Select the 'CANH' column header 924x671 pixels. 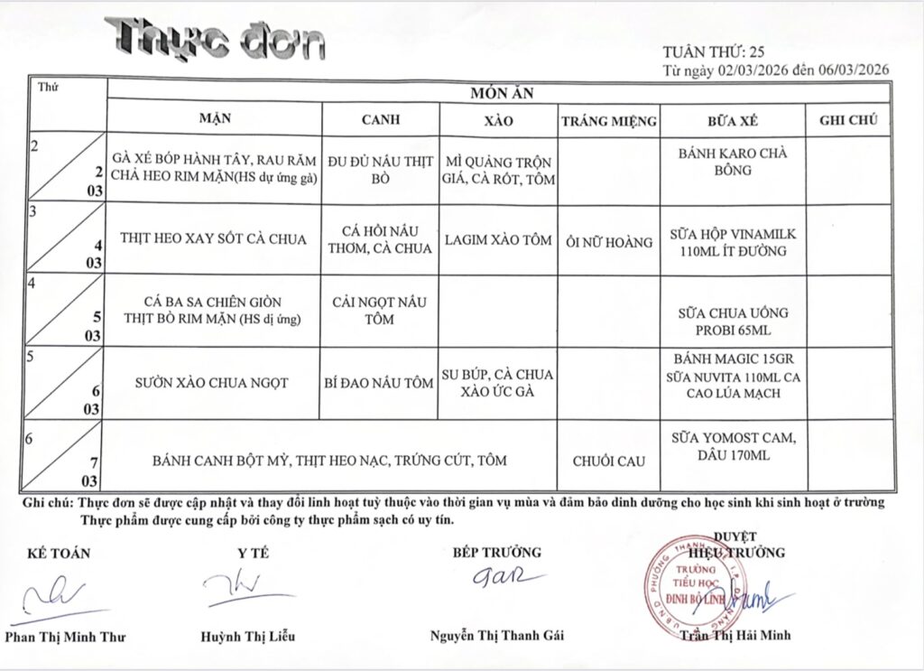(381, 119)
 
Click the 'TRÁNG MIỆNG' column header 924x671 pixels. (608, 120)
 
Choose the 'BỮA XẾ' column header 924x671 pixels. (732, 119)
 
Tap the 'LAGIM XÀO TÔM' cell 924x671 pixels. (498, 240)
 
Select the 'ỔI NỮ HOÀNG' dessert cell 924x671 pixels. (608, 242)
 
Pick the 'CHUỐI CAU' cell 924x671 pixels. (608, 461)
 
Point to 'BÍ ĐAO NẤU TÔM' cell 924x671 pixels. (381, 383)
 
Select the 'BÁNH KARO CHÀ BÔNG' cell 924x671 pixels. (732, 161)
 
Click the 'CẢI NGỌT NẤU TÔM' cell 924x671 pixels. (381, 309)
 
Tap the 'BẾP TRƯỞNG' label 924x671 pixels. (497, 552)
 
